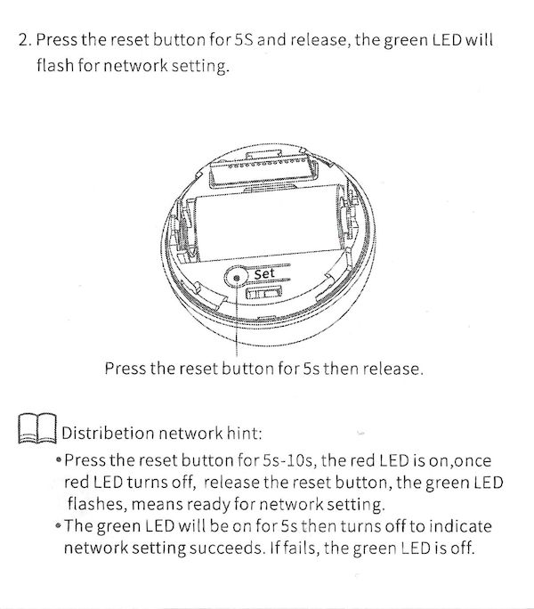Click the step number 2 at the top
click(25, 40)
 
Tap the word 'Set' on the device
click(264, 274)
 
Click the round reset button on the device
click(236, 277)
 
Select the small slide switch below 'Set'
click(263, 292)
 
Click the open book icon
click(37, 428)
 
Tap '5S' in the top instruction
click(244, 39)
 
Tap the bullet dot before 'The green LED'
click(58, 526)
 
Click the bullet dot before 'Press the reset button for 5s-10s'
click(59, 460)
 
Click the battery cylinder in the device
click(268, 224)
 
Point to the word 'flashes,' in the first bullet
click(97, 504)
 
